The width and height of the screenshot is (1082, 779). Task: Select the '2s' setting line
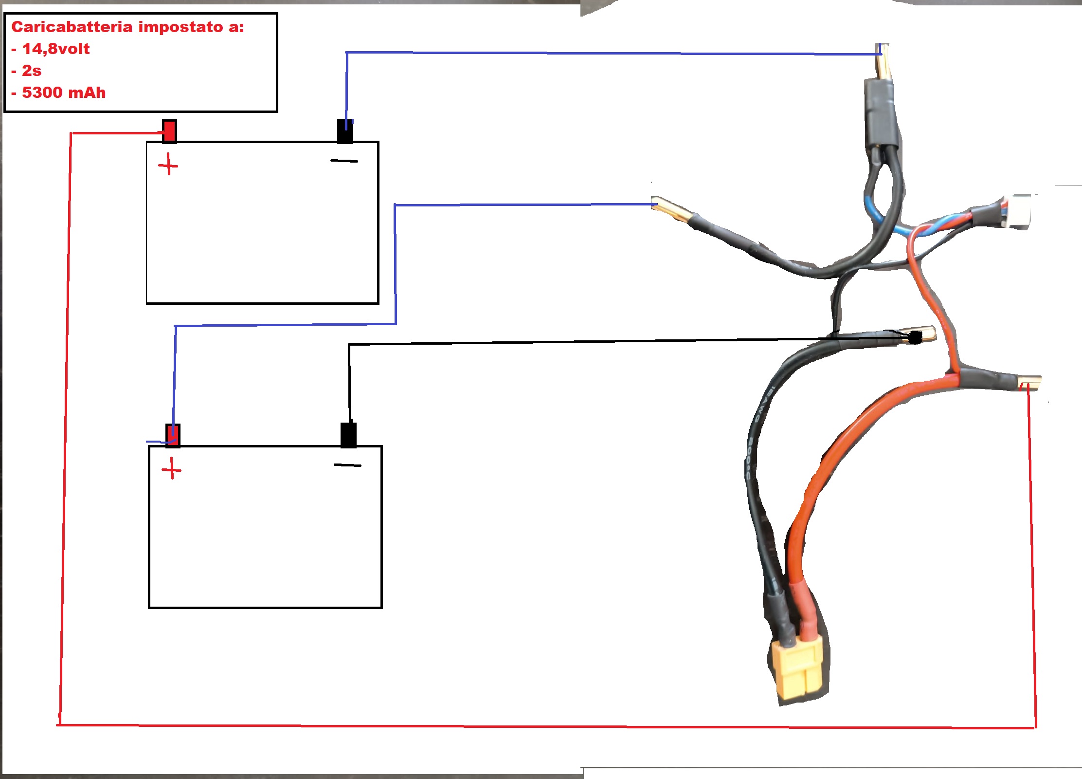[x=31, y=71]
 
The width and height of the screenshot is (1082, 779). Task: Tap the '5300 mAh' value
[x=64, y=93]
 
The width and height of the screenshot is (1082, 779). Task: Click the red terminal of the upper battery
[x=169, y=131]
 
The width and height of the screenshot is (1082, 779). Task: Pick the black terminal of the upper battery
[x=345, y=131]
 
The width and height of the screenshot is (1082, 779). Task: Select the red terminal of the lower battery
[x=173, y=435]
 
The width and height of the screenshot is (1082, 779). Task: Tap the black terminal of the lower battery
[x=348, y=435]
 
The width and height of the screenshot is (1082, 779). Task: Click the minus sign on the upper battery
[x=344, y=161]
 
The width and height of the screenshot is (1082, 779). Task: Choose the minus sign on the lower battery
[x=347, y=465]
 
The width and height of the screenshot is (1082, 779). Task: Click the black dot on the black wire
[x=915, y=337]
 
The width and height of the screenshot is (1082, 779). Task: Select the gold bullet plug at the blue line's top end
[x=884, y=61]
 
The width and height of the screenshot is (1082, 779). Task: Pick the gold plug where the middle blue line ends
[x=671, y=209]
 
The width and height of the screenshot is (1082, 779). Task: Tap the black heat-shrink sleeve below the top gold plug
[x=881, y=114]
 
